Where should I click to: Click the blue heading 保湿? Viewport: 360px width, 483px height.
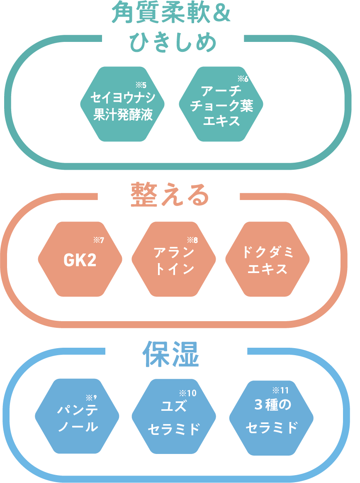171,354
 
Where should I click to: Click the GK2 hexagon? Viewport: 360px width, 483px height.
80,260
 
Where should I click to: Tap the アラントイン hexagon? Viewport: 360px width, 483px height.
174,260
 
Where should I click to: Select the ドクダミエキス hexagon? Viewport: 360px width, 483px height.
268,260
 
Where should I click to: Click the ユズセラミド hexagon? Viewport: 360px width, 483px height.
174,417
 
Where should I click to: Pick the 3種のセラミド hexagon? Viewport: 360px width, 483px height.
271,417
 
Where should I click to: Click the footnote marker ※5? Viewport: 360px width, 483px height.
141,86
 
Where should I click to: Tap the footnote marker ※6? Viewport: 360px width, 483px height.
243,79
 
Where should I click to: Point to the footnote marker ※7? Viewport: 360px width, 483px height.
98,240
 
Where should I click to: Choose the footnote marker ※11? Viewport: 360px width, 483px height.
280,390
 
